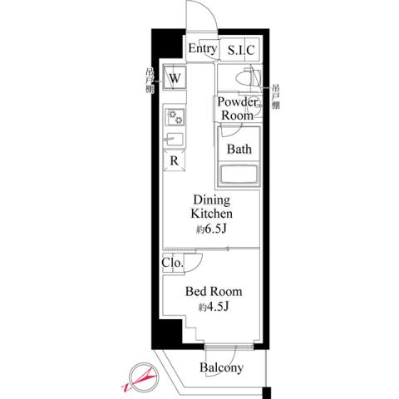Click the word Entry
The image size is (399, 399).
point(202,50)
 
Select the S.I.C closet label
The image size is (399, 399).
point(240,51)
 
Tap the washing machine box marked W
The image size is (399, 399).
point(175,79)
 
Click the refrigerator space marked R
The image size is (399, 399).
point(175,160)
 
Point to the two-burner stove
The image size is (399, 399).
point(175,116)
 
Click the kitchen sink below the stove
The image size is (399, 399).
point(175,139)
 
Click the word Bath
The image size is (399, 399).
point(239,150)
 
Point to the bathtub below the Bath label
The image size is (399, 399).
point(239,175)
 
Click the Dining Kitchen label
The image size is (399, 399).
point(212,207)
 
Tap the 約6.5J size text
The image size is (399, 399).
point(212,228)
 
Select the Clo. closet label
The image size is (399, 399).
point(172,265)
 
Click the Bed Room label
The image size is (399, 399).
point(213,292)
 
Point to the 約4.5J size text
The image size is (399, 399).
point(213,308)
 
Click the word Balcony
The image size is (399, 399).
point(221,368)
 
